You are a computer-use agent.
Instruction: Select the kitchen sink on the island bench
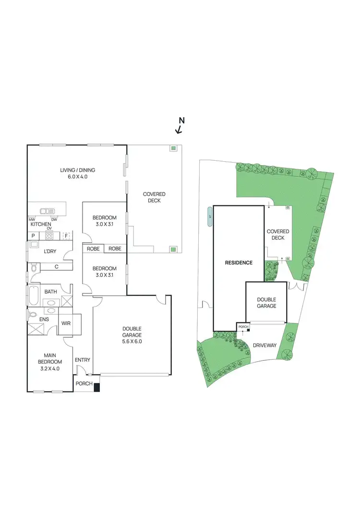point(47,210)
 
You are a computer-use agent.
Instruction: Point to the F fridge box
point(67,236)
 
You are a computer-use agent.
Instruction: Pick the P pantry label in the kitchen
point(34,236)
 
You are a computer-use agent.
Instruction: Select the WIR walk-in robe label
point(66,323)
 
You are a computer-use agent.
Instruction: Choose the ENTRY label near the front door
point(83,360)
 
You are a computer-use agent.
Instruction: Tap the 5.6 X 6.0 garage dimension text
point(131,342)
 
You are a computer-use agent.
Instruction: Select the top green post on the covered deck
point(173,149)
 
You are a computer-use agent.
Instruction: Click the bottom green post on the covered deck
point(173,249)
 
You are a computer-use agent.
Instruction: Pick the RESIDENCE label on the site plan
point(239,263)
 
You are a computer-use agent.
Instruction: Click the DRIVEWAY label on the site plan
point(265,344)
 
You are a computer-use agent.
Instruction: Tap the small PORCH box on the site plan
point(243,327)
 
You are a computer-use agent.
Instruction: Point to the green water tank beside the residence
point(209,216)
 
